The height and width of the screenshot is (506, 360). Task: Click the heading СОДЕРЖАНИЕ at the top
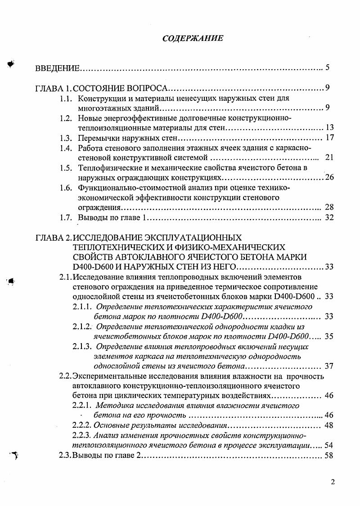click(x=193, y=38)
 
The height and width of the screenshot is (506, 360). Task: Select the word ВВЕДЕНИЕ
click(x=58, y=69)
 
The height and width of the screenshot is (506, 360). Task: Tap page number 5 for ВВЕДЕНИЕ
click(x=328, y=68)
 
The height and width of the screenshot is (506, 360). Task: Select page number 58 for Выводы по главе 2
click(x=328, y=456)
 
